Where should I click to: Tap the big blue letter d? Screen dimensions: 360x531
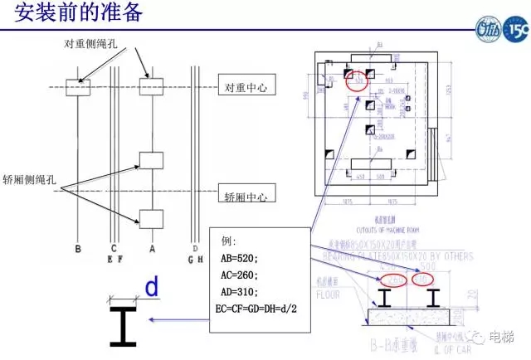click(152, 288)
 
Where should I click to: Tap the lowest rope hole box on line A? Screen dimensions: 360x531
click(151, 219)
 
